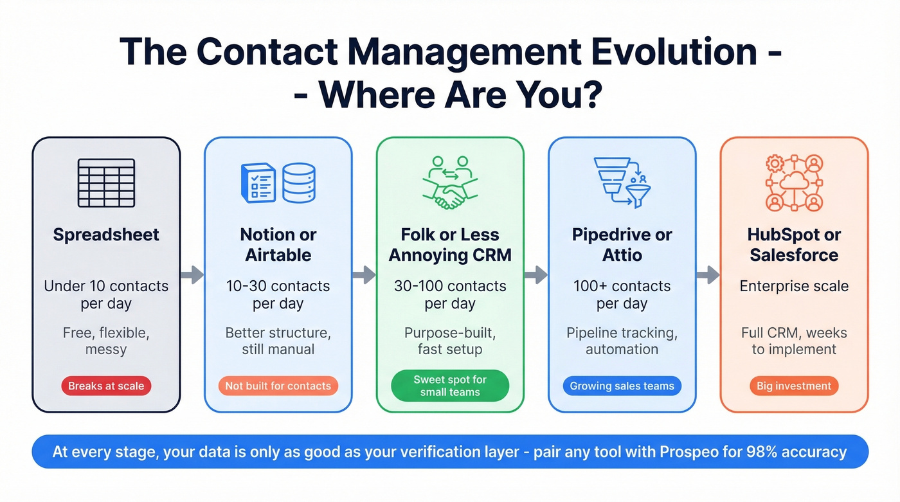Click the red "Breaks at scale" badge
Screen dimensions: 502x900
106,386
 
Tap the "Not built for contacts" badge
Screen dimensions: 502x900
278,386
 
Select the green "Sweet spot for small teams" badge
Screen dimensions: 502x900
450,386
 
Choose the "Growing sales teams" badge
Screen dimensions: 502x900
622,386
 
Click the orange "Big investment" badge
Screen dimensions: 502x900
794,386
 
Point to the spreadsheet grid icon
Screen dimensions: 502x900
106,183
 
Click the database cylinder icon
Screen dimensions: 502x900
300,183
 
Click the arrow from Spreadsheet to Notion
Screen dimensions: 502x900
192,275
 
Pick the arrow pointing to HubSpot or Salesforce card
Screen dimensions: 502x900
708,275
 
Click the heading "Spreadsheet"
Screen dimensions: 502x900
106,235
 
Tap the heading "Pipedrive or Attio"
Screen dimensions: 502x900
622,245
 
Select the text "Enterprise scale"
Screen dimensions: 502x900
794,286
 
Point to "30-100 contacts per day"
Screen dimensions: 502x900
450,294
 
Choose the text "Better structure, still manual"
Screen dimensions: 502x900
278,341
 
